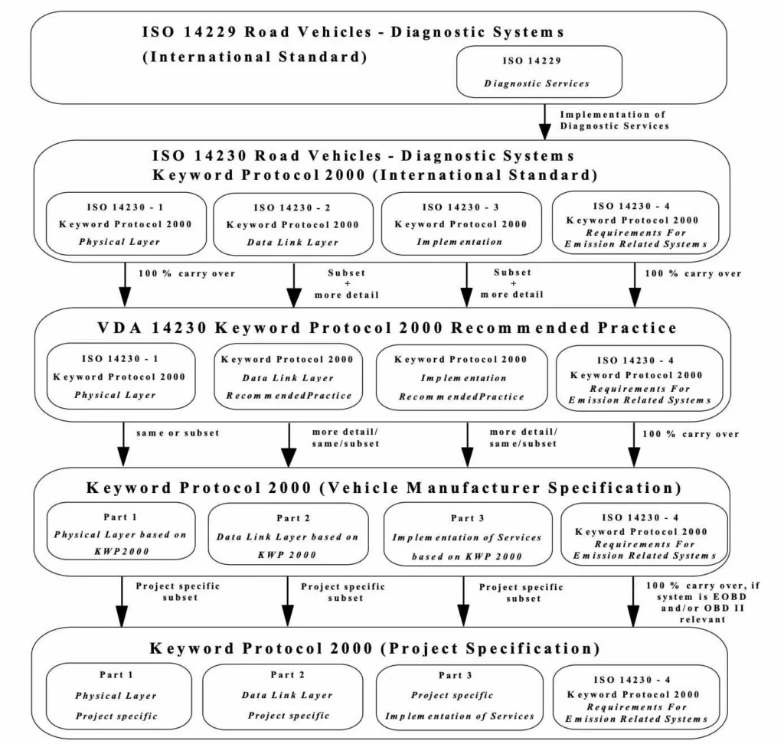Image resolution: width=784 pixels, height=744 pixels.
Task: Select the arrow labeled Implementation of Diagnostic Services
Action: (545, 122)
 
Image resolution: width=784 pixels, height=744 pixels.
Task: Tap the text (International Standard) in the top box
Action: (255, 57)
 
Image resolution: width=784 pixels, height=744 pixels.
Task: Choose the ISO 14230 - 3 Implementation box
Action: (461, 224)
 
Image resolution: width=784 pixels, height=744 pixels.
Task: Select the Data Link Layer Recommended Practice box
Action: (288, 377)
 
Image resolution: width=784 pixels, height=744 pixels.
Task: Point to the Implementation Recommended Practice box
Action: (462, 377)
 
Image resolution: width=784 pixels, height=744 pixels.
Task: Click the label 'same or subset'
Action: (178, 432)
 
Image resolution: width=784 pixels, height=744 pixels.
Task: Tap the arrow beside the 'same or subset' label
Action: (122, 445)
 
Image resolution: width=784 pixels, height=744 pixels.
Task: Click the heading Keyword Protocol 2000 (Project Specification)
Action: (374, 648)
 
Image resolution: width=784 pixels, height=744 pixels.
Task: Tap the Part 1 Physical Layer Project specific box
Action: (117, 696)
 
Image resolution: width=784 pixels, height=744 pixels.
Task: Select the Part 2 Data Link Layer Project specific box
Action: (288, 696)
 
